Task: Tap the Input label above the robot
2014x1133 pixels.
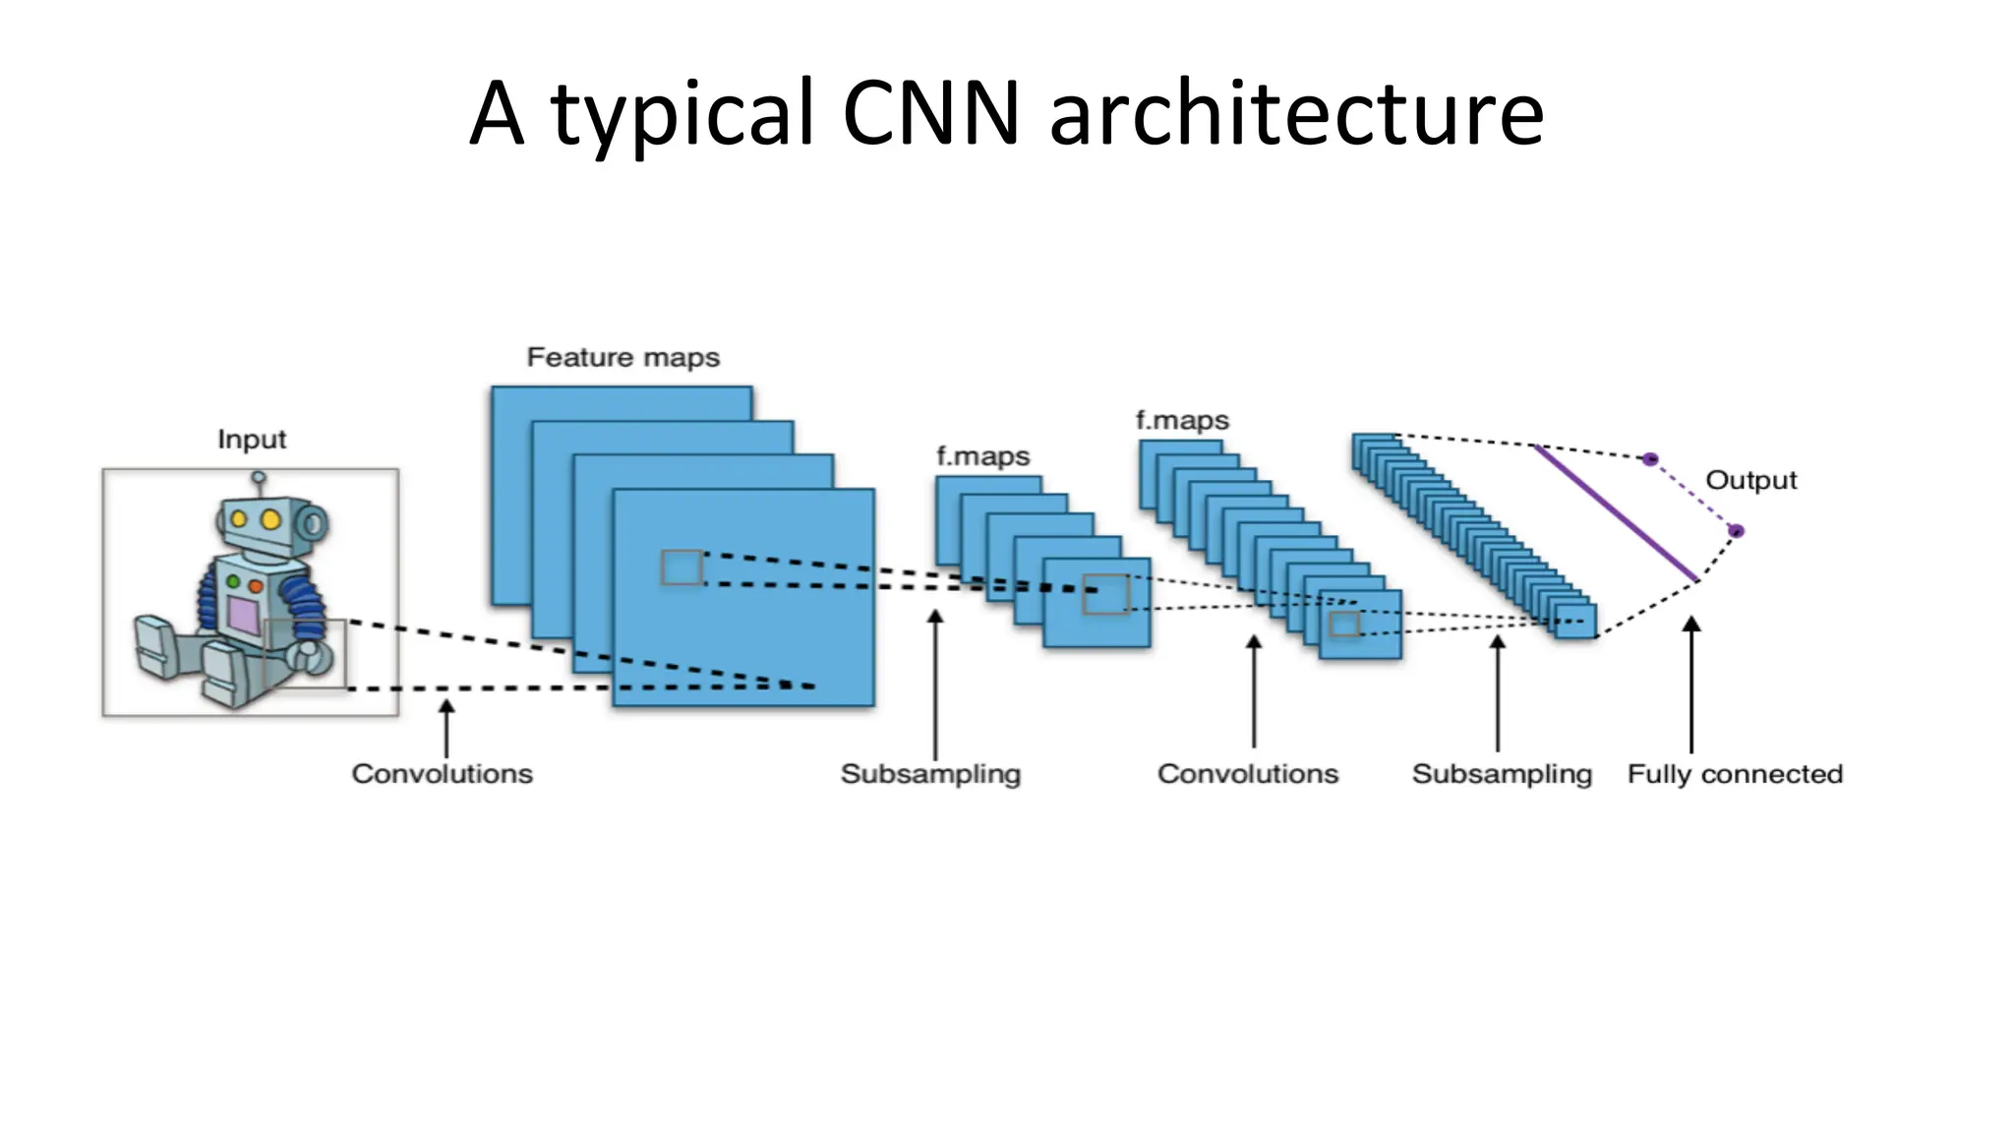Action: [x=252, y=439]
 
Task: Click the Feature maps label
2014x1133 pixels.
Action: [x=622, y=357]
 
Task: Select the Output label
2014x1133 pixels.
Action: [x=1750, y=480]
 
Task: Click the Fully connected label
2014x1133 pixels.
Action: [x=1735, y=774]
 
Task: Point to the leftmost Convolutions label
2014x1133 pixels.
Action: [x=442, y=774]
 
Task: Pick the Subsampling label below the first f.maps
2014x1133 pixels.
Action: [x=930, y=774]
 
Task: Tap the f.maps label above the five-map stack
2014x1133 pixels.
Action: [x=982, y=456]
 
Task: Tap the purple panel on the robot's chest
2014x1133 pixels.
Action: [x=243, y=616]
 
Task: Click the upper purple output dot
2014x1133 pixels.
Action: [x=1650, y=459]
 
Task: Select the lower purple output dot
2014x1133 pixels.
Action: [x=1737, y=531]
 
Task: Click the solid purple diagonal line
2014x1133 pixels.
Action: [x=1616, y=512]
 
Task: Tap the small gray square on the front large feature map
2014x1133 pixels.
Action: [x=681, y=567]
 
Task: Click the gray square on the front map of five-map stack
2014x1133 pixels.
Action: [x=1105, y=595]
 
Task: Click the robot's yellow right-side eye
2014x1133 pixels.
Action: [x=270, y=519]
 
